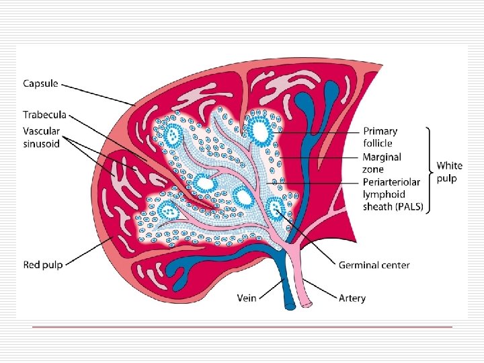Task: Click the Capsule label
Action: click(x=41, y=84)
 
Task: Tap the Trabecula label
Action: click(x=45, y=116)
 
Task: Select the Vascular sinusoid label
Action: click(x=42, y=137)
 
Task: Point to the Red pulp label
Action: click(x=43, y=265)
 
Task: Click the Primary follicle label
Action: click(x=380, y=137)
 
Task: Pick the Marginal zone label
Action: click(x=382, y=163)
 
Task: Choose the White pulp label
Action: click(x=449, y=171)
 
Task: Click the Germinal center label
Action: click(x=374, y=265)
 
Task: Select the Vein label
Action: click(x=247, y=297)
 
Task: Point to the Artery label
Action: click(x=352, y=297)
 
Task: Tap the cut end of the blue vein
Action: click(x=290, y=307)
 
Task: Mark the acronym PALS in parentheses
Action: click(x=409, y=207)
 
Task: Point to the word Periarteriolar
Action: click(x=393, y=182)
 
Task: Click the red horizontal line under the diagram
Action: click(x=242, y=327)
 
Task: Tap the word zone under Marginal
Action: click(x=374, y=169)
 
